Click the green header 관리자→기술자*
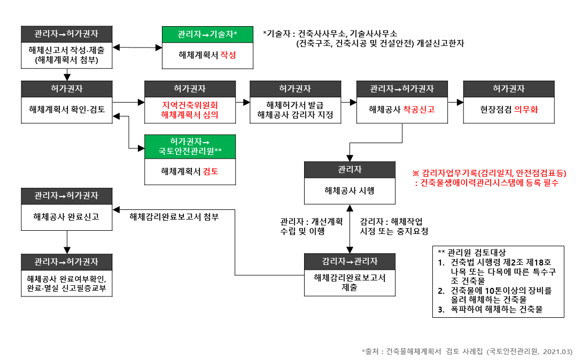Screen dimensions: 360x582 click(x=207, y=35)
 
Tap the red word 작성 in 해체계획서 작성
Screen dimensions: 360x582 click(x=228, y=55)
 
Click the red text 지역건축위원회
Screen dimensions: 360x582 click(x=190, y=105)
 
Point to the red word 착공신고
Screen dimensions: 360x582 click(x=419, y=109)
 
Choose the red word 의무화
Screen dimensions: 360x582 click(x=526, y=109)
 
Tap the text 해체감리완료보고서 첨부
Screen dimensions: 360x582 click(x=174, y=217)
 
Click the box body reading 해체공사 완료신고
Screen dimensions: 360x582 click(x=66, y=217)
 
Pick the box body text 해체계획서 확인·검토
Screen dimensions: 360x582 click(x=66, y=109)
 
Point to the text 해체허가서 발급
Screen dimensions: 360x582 click(x=295, y=105)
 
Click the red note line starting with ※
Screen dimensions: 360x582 click(x=489, y=173)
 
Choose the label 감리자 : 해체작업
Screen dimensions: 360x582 click(x=394, y=221)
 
